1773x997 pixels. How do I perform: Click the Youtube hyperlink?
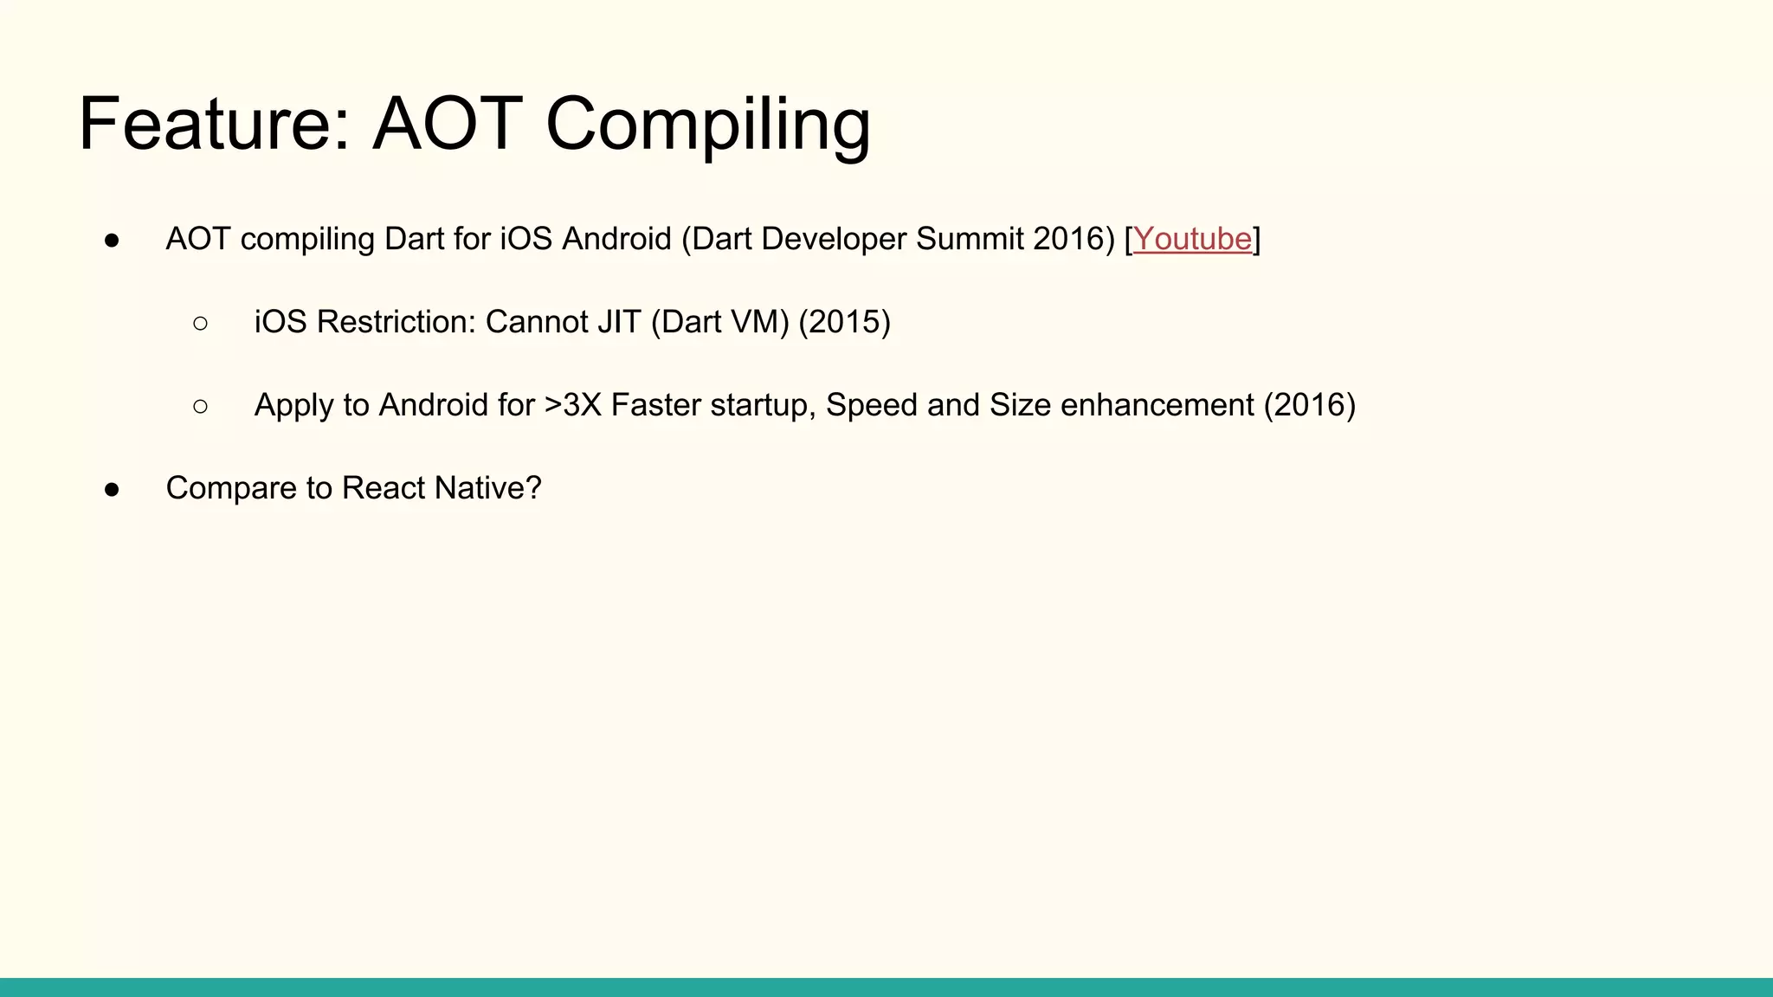point(1192,239)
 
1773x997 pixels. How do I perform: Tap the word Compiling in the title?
point(707,125)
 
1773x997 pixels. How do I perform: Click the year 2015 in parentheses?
point(844,322)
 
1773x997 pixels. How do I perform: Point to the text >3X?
point(572,405)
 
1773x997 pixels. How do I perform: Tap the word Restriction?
point(396,322)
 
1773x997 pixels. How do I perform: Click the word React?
point(384,488)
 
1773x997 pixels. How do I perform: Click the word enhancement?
point(1157,405)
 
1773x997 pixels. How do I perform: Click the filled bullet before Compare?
point(112,489)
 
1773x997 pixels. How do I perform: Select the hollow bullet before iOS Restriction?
point(201,323)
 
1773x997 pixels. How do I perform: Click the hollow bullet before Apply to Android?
point(201,406)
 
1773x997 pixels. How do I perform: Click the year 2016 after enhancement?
point(1309,405)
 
